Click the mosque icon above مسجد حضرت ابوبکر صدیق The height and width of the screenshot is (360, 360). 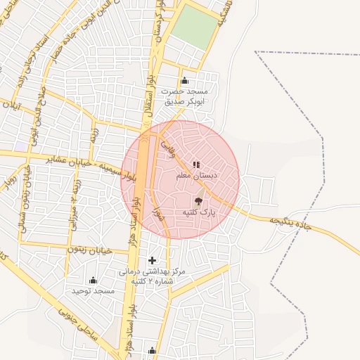[185, 80]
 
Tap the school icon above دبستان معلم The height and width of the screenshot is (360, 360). [196, 165]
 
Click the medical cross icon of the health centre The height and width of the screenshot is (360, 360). [152, 261]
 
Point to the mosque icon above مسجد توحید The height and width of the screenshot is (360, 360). [94, 280]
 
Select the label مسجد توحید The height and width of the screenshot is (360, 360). [93, 290]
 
